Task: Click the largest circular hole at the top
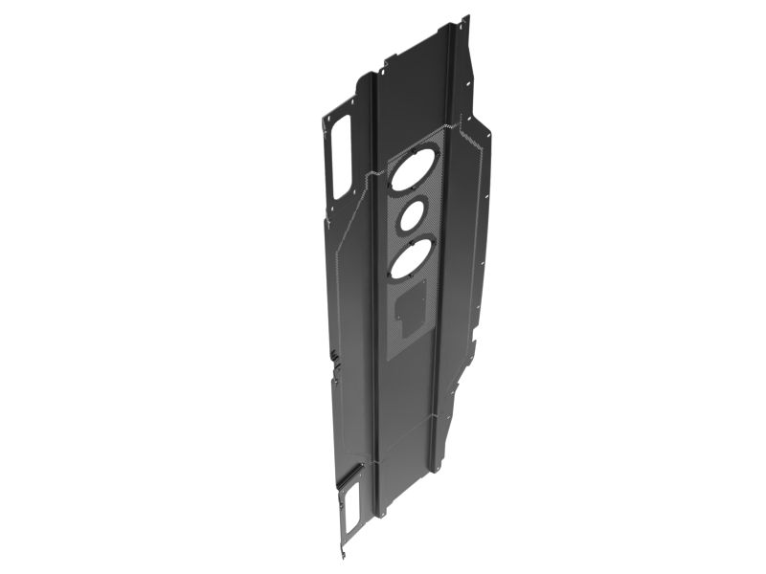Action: tap(414, 171)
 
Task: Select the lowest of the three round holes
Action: tap(410, 257)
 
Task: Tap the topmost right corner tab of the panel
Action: tap(465, 21)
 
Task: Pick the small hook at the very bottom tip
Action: tap(340, 554)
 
